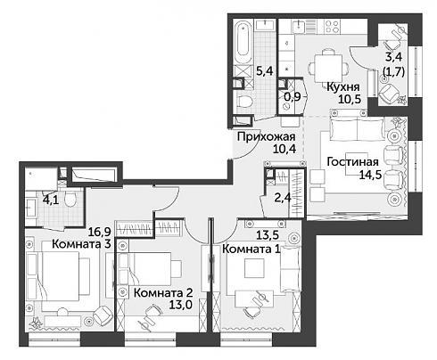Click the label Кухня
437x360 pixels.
coord(343,86)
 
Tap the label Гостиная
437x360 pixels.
coord(352,162)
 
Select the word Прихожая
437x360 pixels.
coord(267,137)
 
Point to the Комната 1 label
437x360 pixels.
coord(251,249)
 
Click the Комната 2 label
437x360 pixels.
coord(163,293)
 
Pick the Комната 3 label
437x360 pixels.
coord(81,244)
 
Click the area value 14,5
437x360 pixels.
coord(370,175)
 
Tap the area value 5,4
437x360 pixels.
coord(264,71)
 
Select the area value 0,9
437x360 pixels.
coord(293,96)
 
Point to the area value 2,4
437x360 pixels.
coord(283,197)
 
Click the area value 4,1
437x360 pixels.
coord(51,199)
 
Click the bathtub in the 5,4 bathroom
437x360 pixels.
coord(243,41)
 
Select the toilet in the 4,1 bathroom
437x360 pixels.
coord(71,199)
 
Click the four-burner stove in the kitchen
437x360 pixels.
coord(333,26)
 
